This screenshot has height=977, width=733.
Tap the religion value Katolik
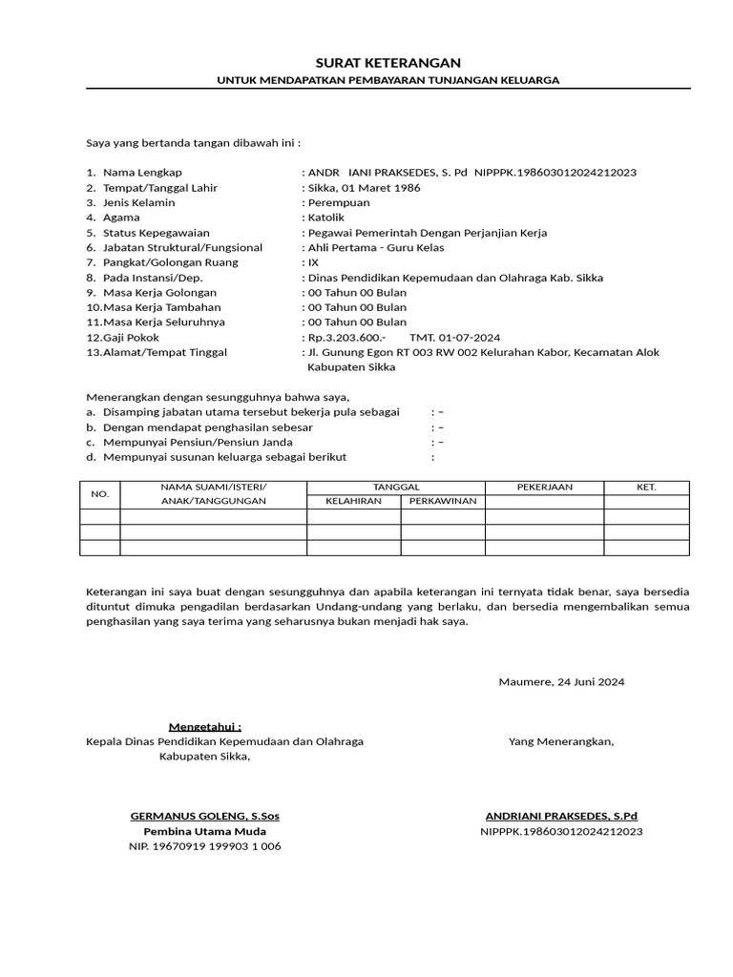[x=327, y=218]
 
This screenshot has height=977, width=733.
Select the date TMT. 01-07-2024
[x=454, y=338]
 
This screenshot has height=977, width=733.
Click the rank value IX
[x=312, y=262]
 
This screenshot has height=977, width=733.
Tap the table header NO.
[x=100, y=494]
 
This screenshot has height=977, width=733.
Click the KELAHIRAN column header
[x=353, y=502]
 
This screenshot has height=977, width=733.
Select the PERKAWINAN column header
[x=442, y=502]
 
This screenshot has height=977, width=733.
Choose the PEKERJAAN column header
[x=544, y=487]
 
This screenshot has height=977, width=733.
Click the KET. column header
[x=646, y=487]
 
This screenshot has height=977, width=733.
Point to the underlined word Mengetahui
[x=204, y=726]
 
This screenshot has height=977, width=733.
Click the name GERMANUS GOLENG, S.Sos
[x=204, y=817]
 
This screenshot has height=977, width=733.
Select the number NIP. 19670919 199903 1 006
[x=204, y=846]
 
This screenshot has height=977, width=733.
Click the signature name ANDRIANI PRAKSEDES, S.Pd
[x=561, y=817]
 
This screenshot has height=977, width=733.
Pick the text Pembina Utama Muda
[x=204, y=831]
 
